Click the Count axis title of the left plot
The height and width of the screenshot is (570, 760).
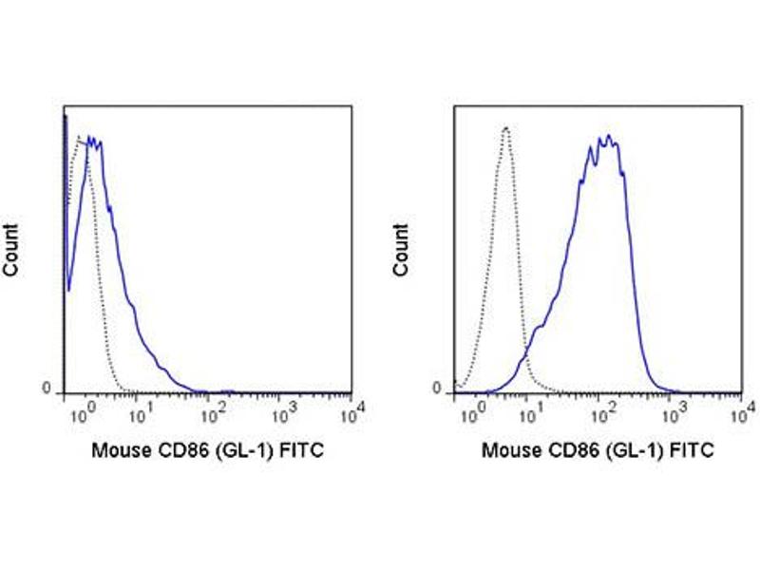[12, 250]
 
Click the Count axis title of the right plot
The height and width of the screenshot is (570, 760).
[401, 250]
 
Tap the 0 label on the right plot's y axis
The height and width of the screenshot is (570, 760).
[438, 389]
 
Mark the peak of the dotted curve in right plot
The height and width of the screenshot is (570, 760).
[506, 127]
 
